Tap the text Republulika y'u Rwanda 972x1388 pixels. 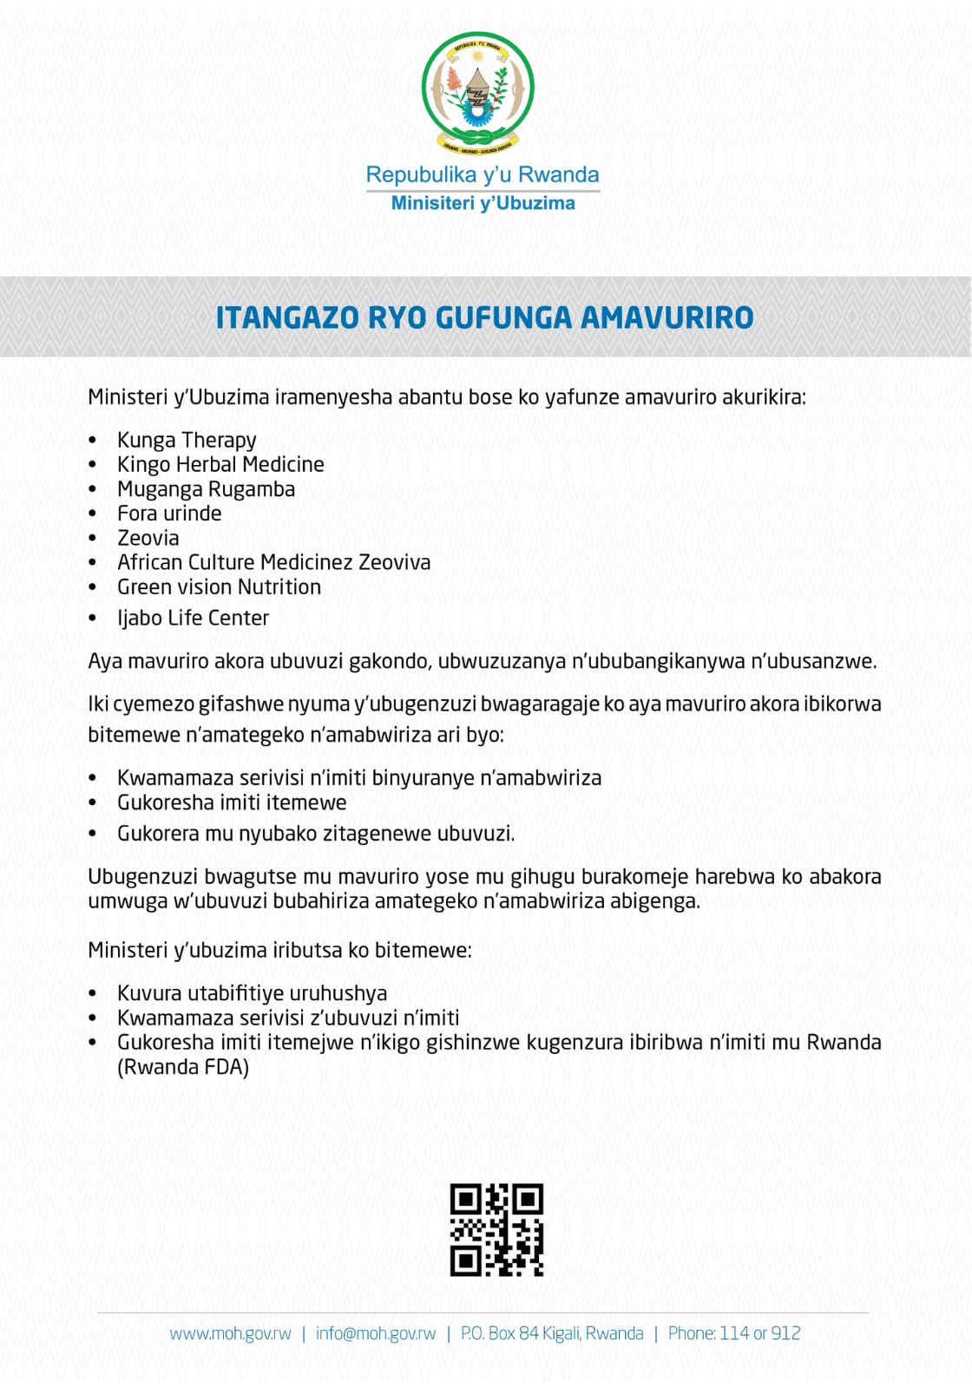coord(483,174)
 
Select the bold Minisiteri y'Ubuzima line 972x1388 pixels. coord(483,203)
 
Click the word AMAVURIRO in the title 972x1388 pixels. coord(667,318)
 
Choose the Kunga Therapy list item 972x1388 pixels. coord(187,440)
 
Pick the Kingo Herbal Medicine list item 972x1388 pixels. coord(220,464)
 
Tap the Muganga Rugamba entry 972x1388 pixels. coord(206,489)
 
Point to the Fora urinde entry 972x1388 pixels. coord(169,514)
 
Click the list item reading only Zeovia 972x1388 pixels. coord(148,538)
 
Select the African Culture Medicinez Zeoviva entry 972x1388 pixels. coord(273,562)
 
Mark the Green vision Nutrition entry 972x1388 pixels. coord(219,587)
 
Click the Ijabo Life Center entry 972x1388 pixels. coord(193,618)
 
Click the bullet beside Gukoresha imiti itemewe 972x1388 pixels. coord(93,803)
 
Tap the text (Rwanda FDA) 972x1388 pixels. coord(183,1067)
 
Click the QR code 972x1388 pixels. coord(496,1229)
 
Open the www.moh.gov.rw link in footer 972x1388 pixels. coord(230,1333)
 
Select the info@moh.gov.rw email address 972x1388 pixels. coord(376,1333)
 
